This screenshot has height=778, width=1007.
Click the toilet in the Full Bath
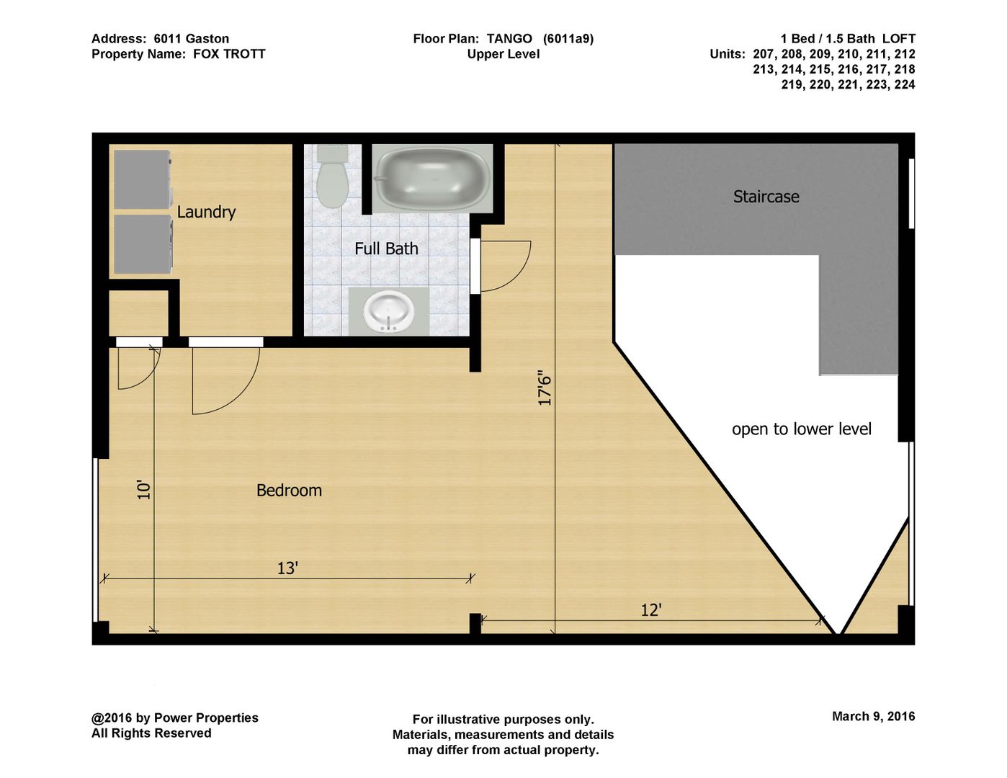point(332,176)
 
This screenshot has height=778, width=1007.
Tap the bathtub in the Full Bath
point(432,179)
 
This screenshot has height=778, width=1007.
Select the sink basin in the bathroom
point(388,311)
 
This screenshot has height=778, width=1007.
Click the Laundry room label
point(206,213)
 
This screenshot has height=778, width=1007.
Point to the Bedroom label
point(289,491)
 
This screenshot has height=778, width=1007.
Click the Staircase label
point(766,197)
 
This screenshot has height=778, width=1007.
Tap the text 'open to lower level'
point(801,429)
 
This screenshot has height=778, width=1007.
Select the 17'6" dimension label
point(545,388)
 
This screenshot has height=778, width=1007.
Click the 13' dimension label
point(287,568)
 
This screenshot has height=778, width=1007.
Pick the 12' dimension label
point(650,610)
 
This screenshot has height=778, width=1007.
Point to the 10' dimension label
point(144,491)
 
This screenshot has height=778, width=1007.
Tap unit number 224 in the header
point(905,84)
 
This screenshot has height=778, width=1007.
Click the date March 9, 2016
point(874,716)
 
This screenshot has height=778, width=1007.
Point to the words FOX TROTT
point(229,54)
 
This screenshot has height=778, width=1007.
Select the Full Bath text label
point(386,249)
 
